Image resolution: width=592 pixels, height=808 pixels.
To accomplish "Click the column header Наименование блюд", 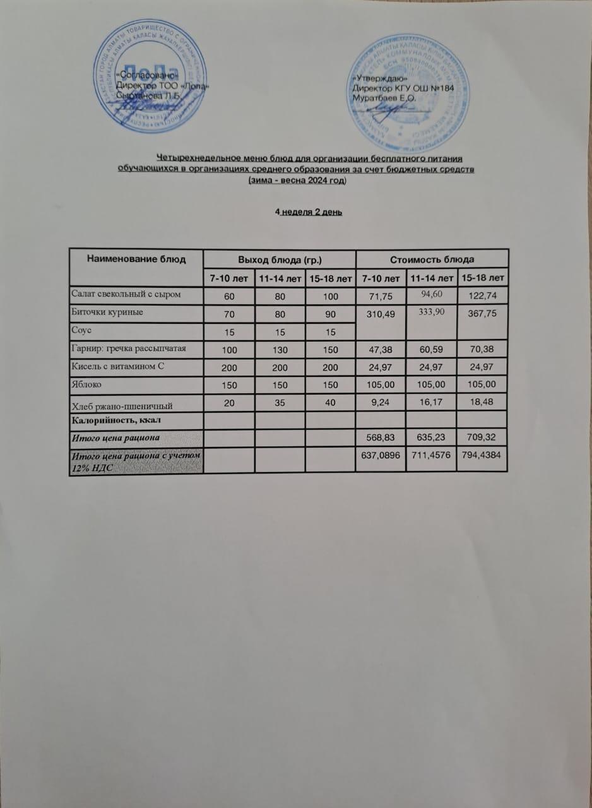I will (136, 258).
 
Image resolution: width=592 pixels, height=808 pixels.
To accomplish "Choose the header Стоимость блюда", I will (432, 259).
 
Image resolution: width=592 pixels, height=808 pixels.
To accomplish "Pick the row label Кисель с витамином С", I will (117, 366).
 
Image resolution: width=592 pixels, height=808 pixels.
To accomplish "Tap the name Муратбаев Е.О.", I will (384, 98).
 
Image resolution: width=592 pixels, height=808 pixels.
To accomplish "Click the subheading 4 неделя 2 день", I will (309, 211).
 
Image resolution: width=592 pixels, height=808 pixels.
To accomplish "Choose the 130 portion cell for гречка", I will (279, 348).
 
